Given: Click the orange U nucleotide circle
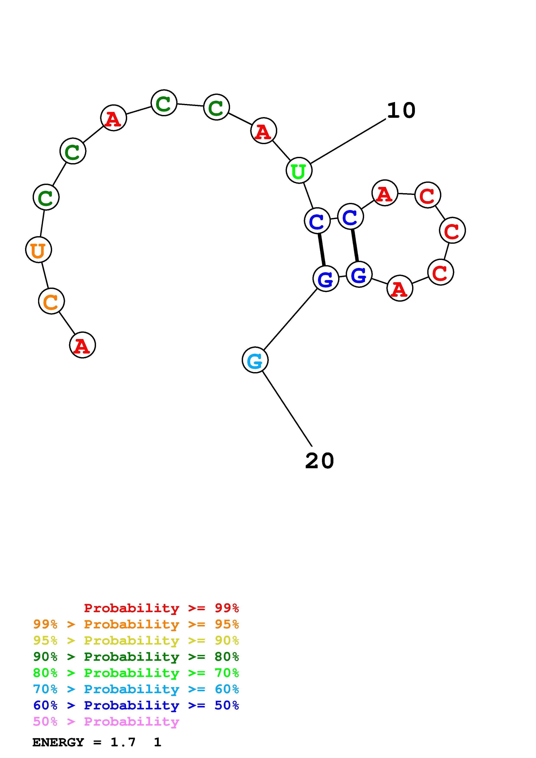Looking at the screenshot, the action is [x=39, y=250].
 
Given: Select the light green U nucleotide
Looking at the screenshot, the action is [x=299, y=171].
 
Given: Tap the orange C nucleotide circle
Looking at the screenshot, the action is [x=51, y=301].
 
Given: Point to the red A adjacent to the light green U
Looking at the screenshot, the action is [x=264, y=131].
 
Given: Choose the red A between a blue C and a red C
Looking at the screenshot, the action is [x=385, y=193].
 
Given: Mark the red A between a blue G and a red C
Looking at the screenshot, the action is [x=400, y=288].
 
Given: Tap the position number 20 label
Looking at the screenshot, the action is [x=319, y=461].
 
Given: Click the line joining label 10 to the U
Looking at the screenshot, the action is [x=348, y=141].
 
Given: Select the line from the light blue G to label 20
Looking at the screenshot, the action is [x=287, y=409].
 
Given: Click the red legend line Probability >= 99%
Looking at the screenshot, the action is [x=161, y=608].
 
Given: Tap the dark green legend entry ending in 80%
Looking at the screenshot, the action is [x=136, y=657].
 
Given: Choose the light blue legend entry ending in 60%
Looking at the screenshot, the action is [x=136, y=689].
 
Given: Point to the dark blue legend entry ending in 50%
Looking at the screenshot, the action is [x=136, y=705].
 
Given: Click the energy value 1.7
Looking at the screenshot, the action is [x=123, y=742].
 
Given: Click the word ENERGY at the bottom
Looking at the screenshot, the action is [x=58, y=742].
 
